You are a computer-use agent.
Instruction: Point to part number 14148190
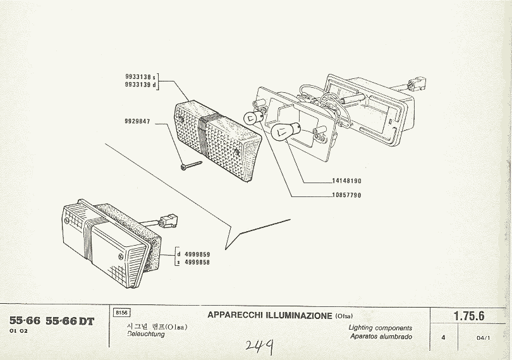click(346, 181)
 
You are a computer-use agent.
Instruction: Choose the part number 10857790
click(346, 196)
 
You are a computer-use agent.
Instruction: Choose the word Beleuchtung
click(146, 334)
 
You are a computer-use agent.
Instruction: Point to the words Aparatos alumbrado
click(381, 337)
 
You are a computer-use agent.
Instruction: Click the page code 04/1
click(484, 338)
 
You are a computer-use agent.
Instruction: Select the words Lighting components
click(381, 328)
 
